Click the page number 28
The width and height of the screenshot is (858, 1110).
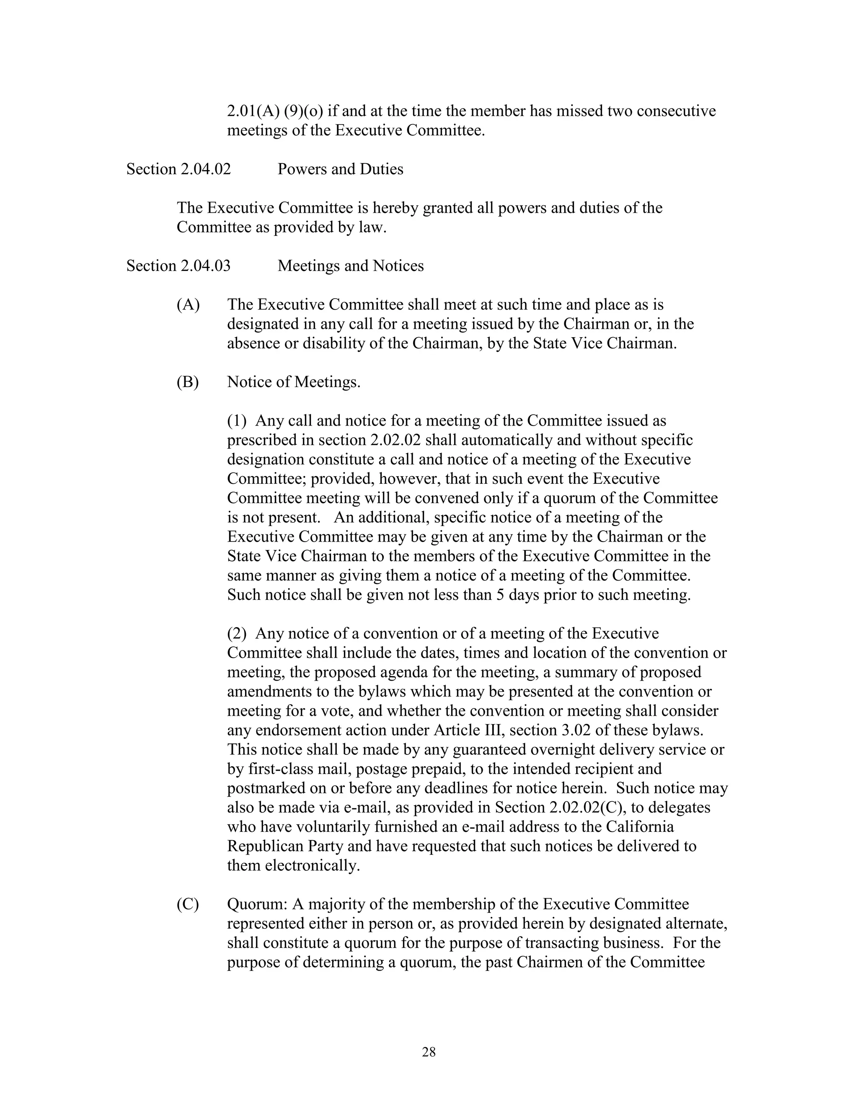click(x=429, y=1053)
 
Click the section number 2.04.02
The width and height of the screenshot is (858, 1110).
click(x=205, y=169)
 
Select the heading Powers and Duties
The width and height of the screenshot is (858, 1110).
click(x=340, y=169)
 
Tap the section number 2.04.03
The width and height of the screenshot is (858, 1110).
click(x=205, y=266)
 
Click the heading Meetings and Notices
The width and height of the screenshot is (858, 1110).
click(x=350, y=266)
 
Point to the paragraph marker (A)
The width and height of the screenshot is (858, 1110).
click(x=188, y=305)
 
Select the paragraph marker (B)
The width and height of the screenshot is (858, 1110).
click(x=188, y=382)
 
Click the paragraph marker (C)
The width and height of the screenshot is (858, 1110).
click(x=188, y=904)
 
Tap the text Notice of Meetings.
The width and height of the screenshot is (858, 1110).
click(x=293, y=382)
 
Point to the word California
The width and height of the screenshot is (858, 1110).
click(x=639, y=827)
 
